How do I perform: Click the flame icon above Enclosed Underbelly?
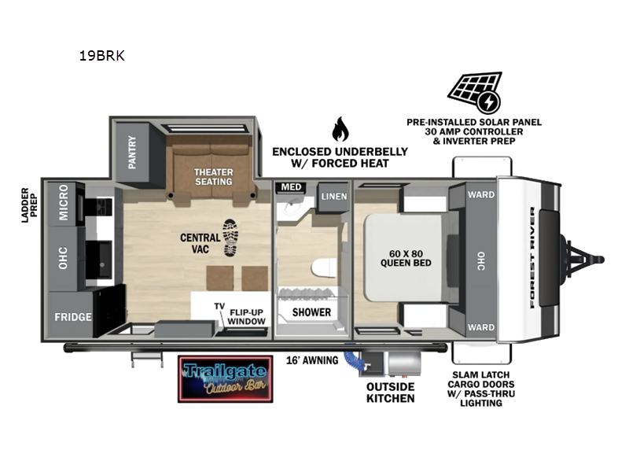click(x=340, y=129)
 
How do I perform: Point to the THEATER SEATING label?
click(x=213, y=175)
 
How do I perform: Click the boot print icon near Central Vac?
click(x=230, y=238)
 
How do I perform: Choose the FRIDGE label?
click(x=72, y=317)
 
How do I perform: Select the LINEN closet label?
click(x=333, y=196)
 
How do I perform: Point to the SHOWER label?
click(x=311, y=312)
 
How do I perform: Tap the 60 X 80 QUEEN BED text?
click(x=405, y=257)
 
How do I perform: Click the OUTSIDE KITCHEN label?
click(x=390, y=392)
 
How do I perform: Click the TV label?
click(x=219, y=305)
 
